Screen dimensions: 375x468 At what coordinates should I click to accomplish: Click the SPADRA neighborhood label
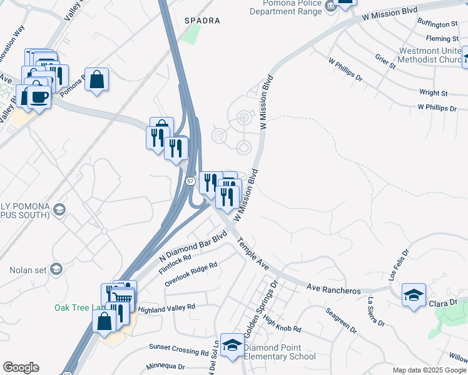coord(202,21)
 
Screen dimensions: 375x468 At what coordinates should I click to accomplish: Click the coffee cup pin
coord(39,98)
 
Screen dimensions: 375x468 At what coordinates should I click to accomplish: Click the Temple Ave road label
coord(253,254)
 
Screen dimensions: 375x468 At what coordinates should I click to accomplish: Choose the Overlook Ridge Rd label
coord(191,274)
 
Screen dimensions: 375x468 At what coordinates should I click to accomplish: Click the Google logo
coord(21,367)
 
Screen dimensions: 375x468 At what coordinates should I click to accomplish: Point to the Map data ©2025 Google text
coord(429,370)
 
